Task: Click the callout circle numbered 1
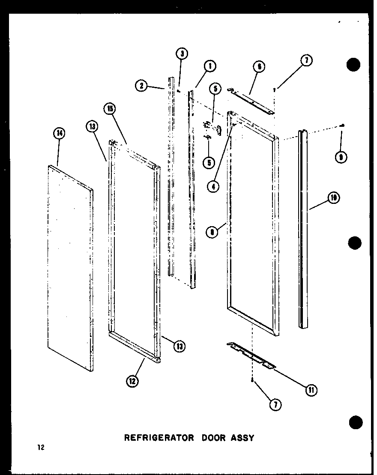pos(210,66)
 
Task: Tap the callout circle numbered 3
pos(182,54)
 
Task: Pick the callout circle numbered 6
pos(259,66)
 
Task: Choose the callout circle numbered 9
pos(341,157)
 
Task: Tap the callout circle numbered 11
pos(311,390)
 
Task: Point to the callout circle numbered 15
pos(110,108)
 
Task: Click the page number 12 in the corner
pos(40,448)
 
